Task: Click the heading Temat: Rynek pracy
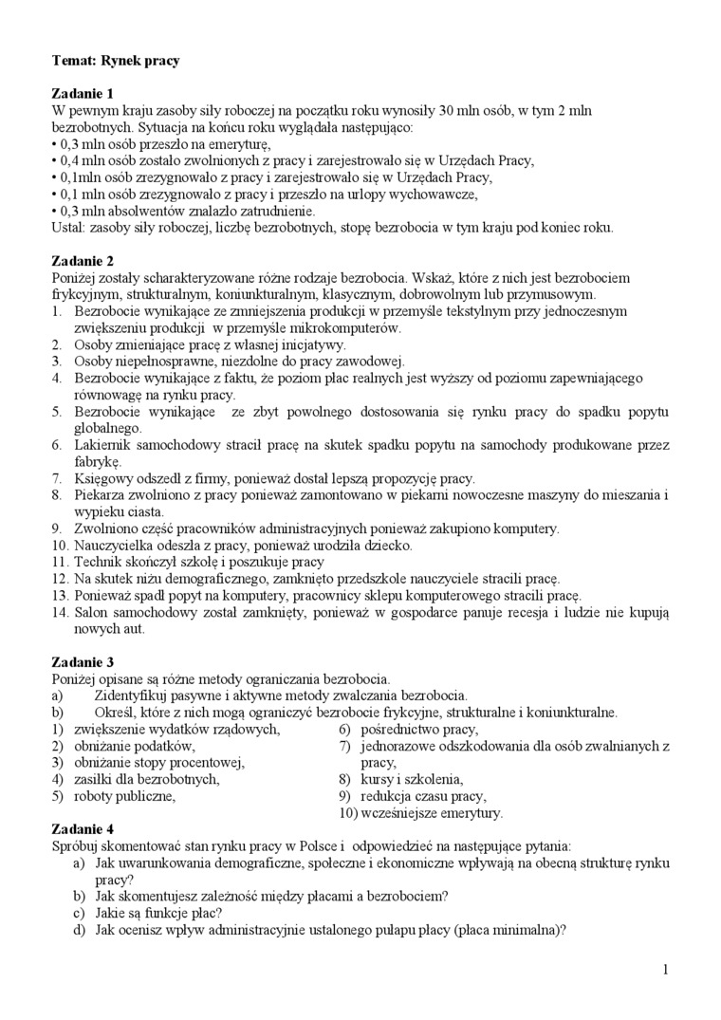[x=116, y=61]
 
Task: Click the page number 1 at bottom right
[x=666, y=969]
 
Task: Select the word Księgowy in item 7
[x=102, y=478]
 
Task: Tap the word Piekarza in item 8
[x=100, y=494]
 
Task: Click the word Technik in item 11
[x=98, y=562]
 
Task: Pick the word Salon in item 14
[x=93, y=612]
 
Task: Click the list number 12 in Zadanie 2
[x=59, y=578]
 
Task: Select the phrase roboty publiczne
[x=124, y=796]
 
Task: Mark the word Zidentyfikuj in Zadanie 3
[x=132, y=695]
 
